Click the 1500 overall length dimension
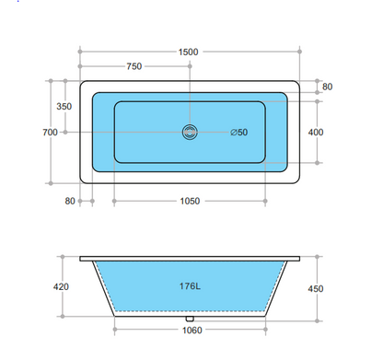189,52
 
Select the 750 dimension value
134,66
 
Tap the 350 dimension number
64,107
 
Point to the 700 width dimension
50,133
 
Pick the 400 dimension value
316,133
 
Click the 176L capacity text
191,285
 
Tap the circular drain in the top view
189,132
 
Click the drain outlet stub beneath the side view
189,321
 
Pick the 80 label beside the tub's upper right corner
327,87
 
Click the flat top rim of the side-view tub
189,257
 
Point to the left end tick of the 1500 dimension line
80,52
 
